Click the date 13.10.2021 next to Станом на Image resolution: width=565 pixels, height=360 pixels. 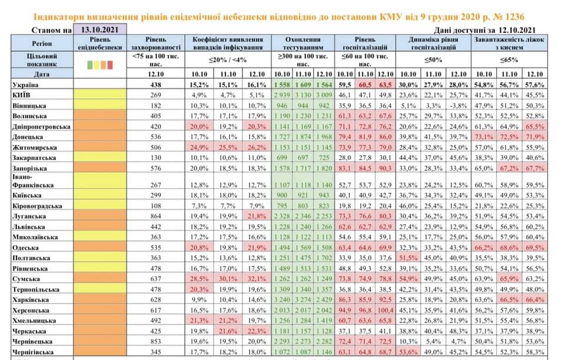click(98, 30)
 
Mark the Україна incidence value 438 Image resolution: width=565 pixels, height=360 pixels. click(156, 85)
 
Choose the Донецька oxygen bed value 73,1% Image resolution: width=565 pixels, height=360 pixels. click(484, 136)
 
